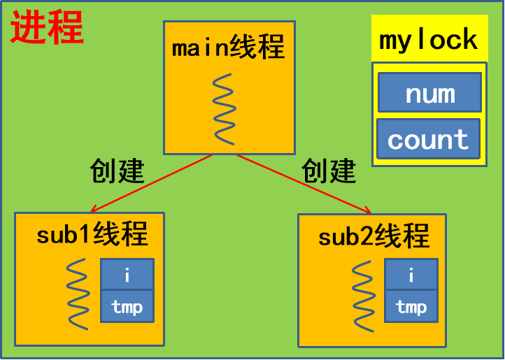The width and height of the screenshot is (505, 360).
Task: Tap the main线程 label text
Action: [x=228, y=48]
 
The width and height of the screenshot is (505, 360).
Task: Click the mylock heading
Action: [x=429, y=40]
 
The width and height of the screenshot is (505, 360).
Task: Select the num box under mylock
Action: [x=429, y=93]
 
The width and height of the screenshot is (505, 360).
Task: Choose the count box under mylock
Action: [x=428, y=139]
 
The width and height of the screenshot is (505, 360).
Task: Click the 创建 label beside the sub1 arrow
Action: [x=117, y=170]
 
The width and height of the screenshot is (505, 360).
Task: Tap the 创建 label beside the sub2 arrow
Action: [x=329, y=170]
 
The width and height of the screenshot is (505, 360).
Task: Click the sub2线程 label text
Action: [x=374, y=236]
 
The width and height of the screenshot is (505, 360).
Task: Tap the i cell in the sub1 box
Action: [x=127, y=275]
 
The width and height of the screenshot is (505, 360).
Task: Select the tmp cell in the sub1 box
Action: [x=127, y=306]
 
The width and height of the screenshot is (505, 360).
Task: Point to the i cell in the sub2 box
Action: [x=411, y=275]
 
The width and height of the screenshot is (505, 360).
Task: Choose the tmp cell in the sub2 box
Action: [x=411, y=306]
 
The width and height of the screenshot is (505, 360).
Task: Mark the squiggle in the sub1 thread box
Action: [x=78, y=294]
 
